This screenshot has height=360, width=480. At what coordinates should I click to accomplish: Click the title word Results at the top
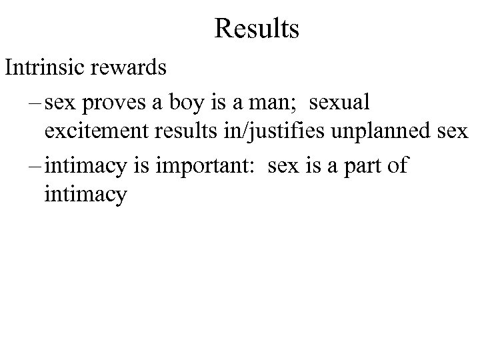[x=257, y=29]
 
